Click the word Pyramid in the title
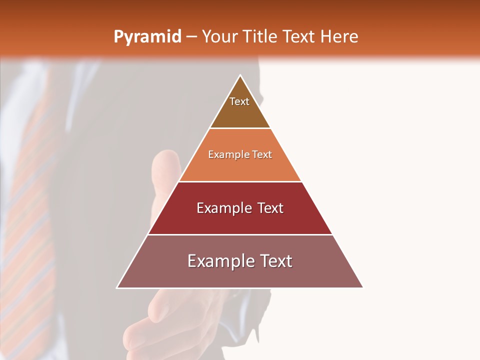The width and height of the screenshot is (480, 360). (x=147, y=37)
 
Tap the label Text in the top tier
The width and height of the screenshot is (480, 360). (x=239, y=101)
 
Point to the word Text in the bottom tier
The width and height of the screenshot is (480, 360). (x=272, y=261)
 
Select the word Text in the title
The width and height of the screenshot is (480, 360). (x=298, y=37)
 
